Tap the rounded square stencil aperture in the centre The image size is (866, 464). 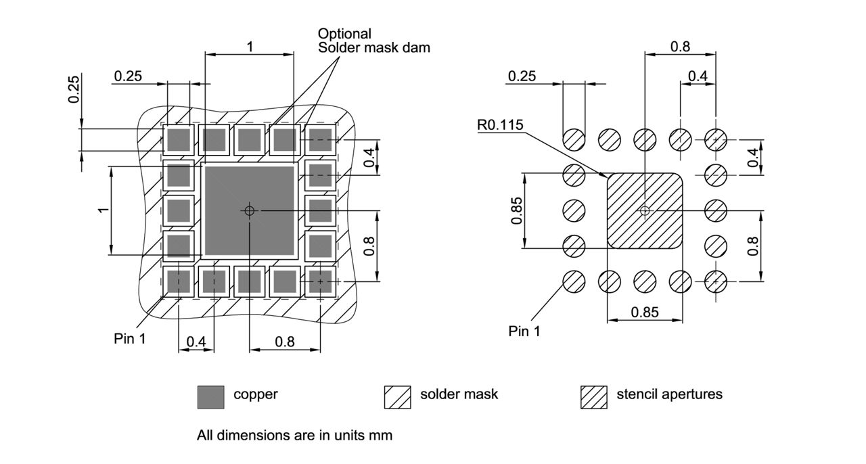click(645, 210)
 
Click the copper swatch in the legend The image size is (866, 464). click(210, 397)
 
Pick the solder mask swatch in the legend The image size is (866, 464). click(397, 397)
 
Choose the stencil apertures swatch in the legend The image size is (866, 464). click(593, 397)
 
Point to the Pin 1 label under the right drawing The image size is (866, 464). click(524, 331)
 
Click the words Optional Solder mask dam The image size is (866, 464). click(373, 41)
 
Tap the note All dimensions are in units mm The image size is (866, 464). click(294, 436)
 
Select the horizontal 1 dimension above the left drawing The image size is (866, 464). click(250, 47)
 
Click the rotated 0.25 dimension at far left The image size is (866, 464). click(74, 89)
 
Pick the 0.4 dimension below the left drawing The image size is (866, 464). click(196, 342)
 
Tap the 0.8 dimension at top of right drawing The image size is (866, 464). click(680, 47)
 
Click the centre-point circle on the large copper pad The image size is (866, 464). click(250, 211)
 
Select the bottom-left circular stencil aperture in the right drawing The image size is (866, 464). click(574, 281)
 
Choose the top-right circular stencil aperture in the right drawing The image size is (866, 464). click(716, 140)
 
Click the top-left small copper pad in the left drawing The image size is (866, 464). click(179, 140)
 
